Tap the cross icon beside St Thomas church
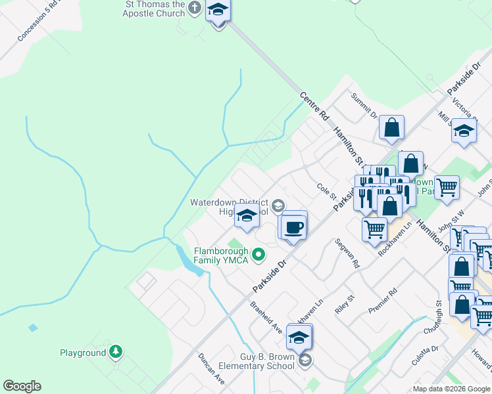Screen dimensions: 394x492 point(194,8)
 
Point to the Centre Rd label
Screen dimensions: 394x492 point(314,105)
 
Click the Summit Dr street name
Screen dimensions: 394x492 point(363,106)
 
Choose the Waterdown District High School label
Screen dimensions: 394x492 point(229,206)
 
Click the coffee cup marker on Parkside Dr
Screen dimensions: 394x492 point(295,227)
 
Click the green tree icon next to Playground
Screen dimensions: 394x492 point(116,353)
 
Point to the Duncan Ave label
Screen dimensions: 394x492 point(211,369)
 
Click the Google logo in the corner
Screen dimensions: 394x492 point(22,386)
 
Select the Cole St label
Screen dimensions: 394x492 point(326,192)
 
